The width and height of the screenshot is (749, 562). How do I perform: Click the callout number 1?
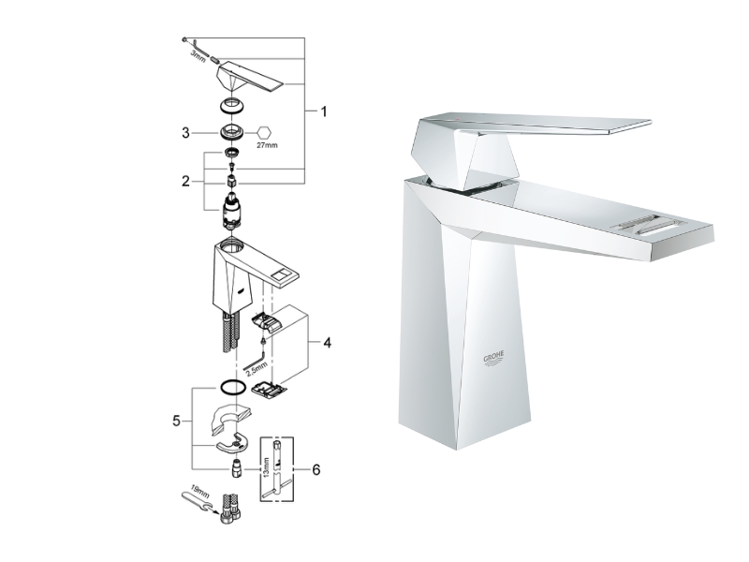(324, 111)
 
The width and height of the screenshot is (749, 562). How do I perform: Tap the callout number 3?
(185, 133)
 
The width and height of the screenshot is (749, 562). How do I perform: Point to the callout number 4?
(327, 343)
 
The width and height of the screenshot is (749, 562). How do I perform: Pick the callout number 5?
(175, 421)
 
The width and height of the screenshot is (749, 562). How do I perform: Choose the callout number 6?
(316, 467)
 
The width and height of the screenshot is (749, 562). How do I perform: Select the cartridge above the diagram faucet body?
(231, 212)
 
